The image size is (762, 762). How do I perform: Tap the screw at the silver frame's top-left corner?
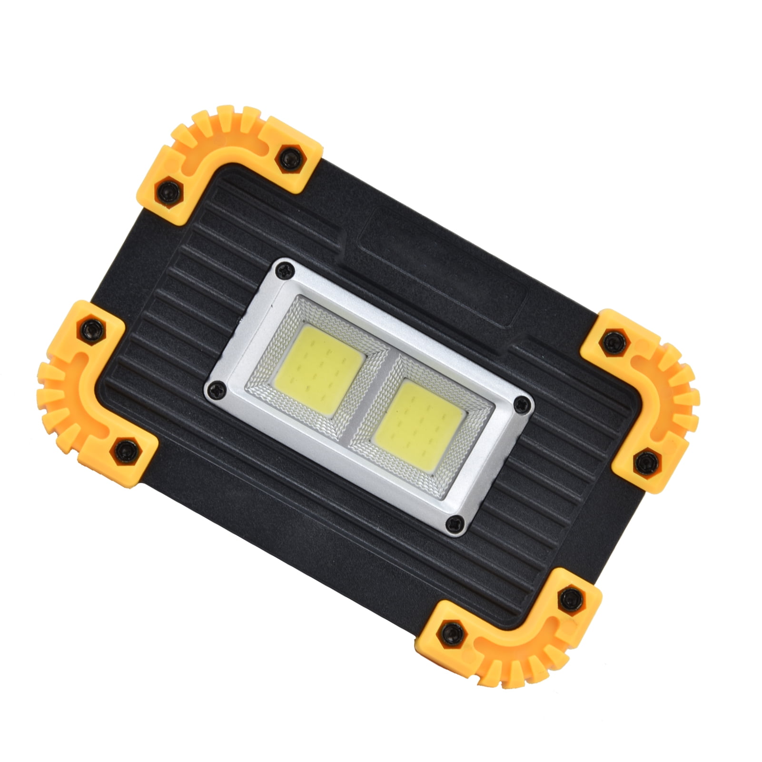(286, 270)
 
